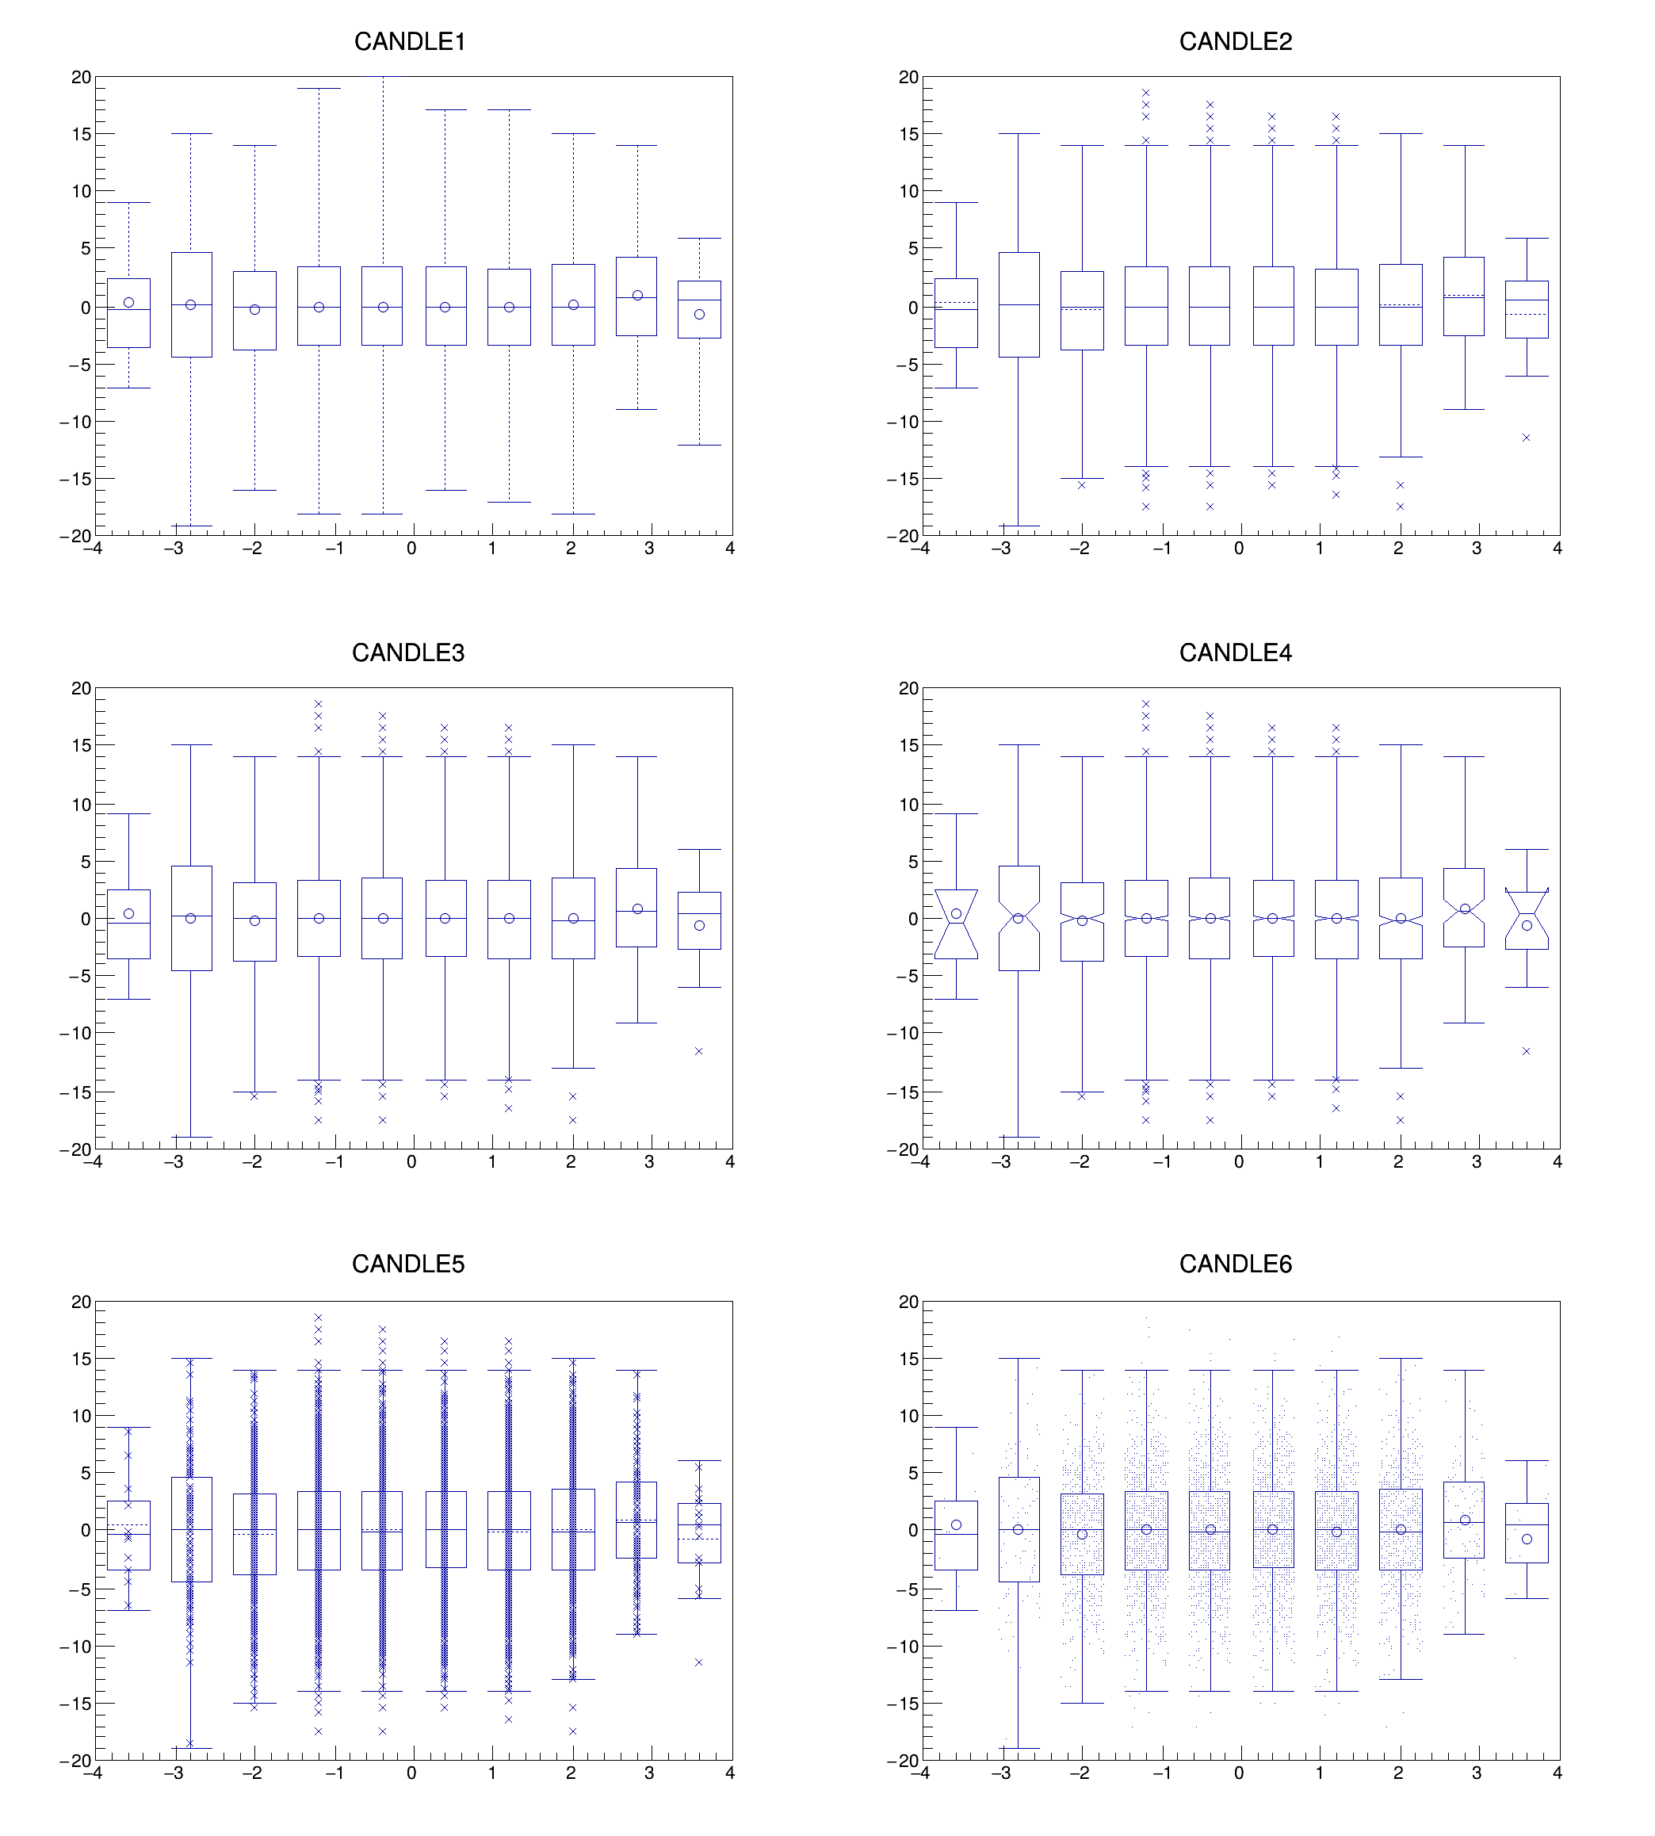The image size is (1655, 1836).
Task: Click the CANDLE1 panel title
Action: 409,42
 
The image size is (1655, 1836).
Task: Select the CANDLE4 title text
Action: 1235,653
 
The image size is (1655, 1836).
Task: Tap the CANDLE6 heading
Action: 1235,1264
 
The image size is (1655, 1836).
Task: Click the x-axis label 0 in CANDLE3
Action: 412,1161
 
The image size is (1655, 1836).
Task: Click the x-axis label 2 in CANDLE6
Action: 1397,1773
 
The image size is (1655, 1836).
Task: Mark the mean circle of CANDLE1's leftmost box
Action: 129,303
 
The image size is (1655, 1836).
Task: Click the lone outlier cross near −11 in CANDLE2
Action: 1526,438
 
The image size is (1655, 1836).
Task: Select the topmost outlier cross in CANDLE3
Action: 319,704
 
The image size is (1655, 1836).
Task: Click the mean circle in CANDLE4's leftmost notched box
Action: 956,914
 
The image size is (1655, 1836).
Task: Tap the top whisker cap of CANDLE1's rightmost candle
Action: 699,239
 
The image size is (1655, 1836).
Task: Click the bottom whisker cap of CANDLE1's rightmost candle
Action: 699,445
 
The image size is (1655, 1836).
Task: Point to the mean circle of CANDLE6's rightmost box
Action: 1527,1539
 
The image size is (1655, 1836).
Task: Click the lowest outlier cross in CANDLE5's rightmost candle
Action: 698,1662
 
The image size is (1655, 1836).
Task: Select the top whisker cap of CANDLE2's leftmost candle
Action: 956,203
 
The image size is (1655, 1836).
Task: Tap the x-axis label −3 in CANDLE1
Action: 173,549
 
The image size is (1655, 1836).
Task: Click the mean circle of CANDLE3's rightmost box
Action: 699,926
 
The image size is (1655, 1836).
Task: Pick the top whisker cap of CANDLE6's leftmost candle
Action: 956,1427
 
